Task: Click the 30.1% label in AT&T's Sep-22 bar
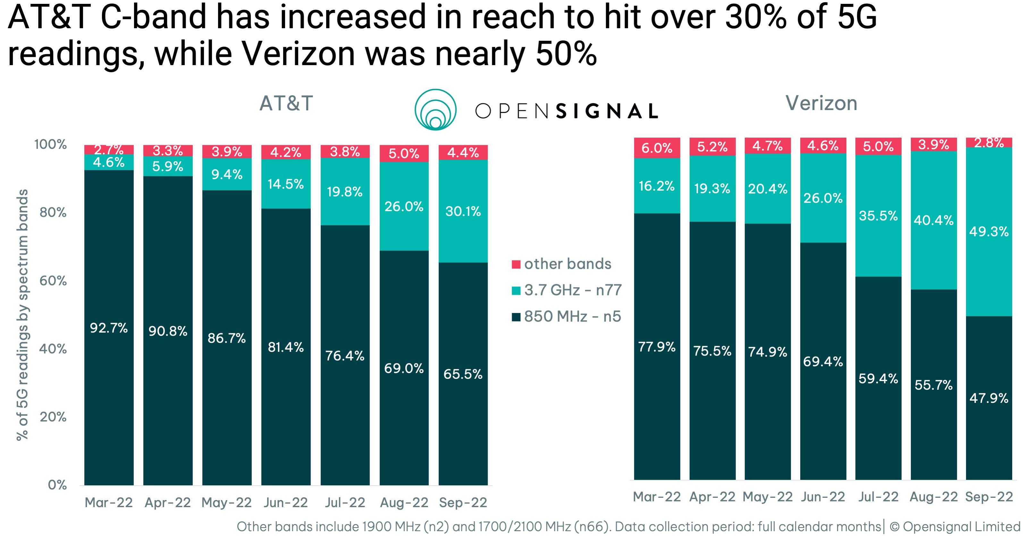463,211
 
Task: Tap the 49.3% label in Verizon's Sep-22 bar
988,232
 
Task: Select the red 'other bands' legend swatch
516,264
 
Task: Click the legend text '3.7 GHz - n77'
572,290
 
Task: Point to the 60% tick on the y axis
53,281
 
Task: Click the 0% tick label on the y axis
57,485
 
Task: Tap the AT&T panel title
286,104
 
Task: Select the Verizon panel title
821,104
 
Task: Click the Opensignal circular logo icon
435,110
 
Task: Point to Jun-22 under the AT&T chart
286,503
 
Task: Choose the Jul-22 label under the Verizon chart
878,497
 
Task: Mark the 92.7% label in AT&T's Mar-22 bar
109,328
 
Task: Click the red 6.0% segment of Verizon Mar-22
657,148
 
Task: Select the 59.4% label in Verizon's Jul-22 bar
878,379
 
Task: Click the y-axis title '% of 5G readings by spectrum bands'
23,315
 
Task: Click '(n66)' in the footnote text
592,527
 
